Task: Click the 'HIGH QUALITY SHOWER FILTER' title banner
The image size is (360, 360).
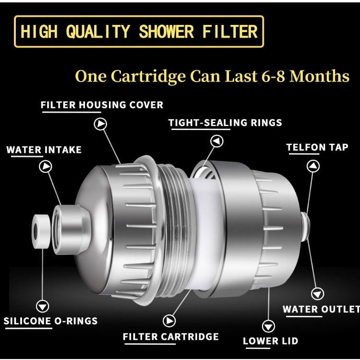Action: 139,32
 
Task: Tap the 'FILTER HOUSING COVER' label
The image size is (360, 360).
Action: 102,105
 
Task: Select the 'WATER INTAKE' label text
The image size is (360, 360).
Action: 44,150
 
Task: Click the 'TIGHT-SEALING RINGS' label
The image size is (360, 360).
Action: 225,122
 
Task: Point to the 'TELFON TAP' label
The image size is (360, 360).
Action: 317,147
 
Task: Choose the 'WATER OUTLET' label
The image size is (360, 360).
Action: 321,309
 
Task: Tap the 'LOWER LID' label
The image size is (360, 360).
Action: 270,341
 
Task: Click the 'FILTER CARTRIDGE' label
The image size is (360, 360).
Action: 171,336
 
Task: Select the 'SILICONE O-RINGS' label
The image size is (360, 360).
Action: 51,321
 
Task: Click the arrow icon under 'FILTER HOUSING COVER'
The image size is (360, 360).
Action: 101,124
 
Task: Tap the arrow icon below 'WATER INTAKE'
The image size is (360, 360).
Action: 46,167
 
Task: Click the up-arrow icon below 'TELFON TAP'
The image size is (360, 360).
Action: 313,166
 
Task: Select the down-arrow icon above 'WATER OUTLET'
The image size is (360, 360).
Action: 318,293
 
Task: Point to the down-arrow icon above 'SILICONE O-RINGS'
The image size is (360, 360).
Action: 43,306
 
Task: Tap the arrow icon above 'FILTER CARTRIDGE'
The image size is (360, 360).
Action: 169,321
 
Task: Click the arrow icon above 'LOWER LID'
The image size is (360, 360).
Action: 268,325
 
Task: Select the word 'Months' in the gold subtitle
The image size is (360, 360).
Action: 320,76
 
